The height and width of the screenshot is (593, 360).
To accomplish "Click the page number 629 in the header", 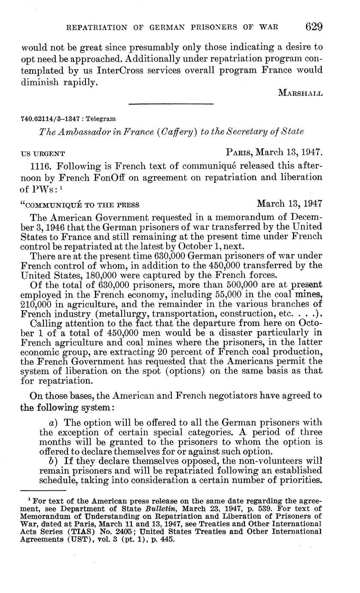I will [314, 27].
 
